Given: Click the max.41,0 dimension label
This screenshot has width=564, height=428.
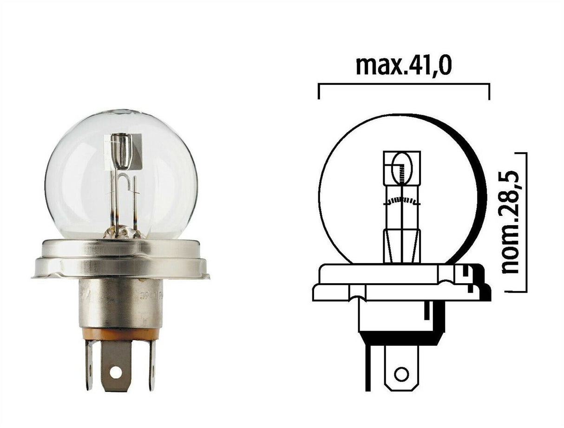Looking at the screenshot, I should click(403, 66).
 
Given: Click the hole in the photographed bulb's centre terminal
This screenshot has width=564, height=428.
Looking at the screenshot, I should click(116, 372).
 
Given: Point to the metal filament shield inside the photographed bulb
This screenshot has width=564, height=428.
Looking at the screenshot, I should click(123, 151).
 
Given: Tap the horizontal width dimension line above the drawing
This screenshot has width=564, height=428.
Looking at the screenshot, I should click(403, 84).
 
